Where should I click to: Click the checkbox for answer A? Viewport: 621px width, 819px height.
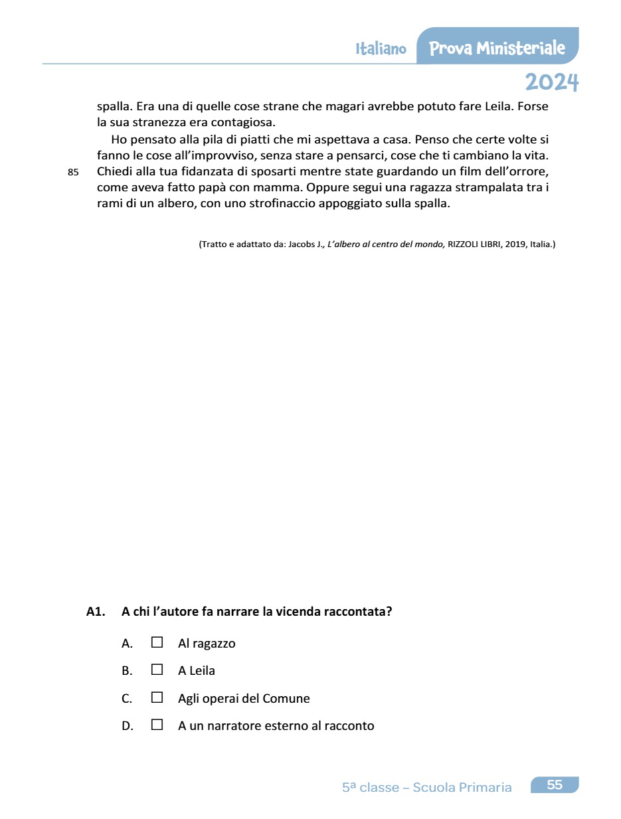pos(157,642)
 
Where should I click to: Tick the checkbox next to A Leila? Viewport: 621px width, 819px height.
pos(157,670)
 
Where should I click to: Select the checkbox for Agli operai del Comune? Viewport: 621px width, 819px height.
pos(157,697)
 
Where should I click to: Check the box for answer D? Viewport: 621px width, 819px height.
pos(157,725)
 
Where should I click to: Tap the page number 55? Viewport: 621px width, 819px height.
pos(555,785)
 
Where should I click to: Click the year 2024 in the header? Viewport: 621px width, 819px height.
pos(551,82)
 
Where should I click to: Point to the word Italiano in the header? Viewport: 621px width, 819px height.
pos(381,49)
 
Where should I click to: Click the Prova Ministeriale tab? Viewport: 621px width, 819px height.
pos(497,48)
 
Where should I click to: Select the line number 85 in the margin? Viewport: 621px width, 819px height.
pos(73,172)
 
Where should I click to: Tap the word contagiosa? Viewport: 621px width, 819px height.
pos(242,123)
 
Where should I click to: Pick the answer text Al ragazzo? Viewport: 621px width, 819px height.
pos(207,644)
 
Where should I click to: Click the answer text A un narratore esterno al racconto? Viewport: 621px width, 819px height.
pos(276,726)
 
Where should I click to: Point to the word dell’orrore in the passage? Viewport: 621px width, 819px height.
pos(518,171)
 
